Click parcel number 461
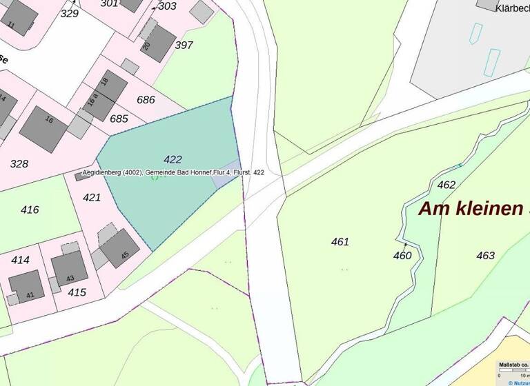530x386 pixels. coord(340,241)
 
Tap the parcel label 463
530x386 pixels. coord(485,256)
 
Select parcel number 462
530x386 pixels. coord(446,185)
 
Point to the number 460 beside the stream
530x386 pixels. coord(402,256)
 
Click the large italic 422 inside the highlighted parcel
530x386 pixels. coord(173,159)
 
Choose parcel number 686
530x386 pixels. coord(146,99)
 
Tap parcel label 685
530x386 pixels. coord(119,119)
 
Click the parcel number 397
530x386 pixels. coord(184,45)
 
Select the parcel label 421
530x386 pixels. coord(91,197)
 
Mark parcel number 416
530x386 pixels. coord(30,210)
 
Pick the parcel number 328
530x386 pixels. coord(19,163)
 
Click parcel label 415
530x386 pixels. coord(77,292)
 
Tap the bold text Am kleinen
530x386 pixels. coord(471,209)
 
